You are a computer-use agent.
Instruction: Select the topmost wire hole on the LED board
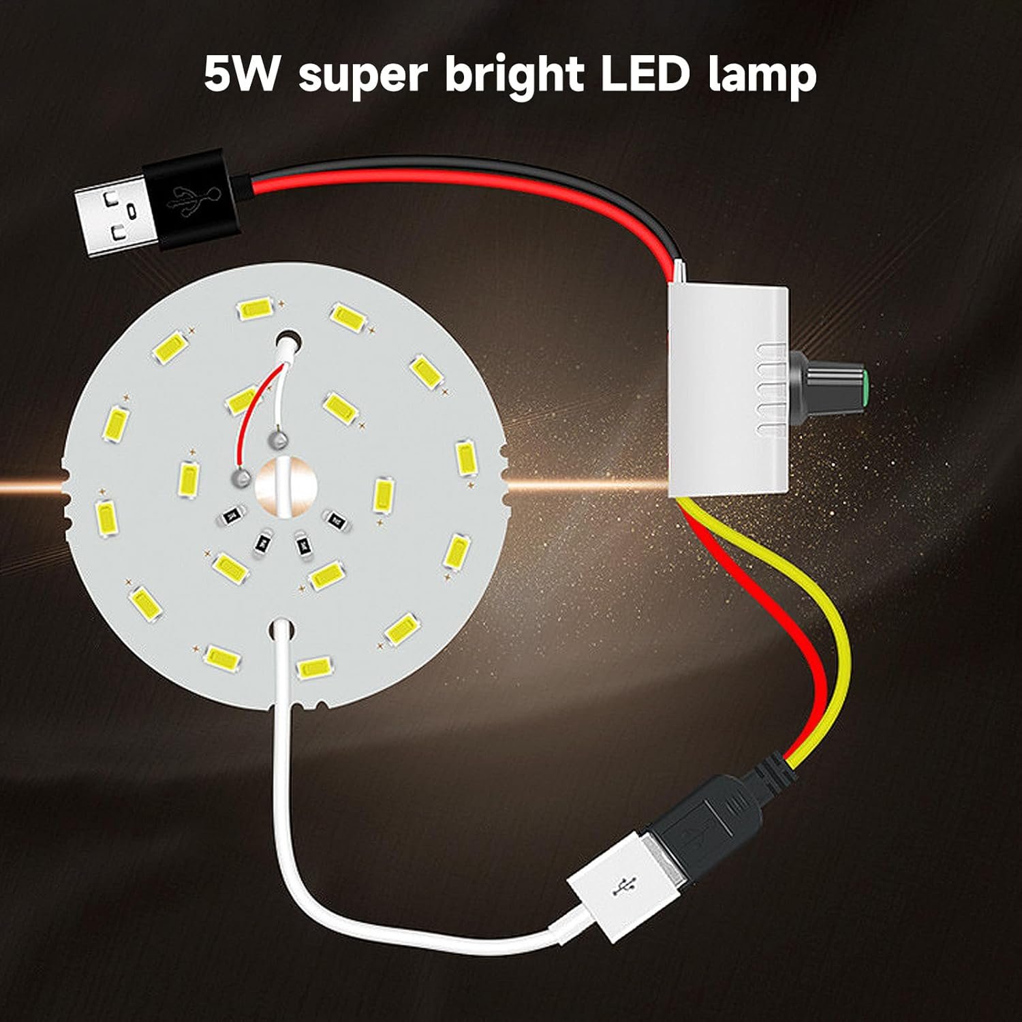[x=289, y=339]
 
